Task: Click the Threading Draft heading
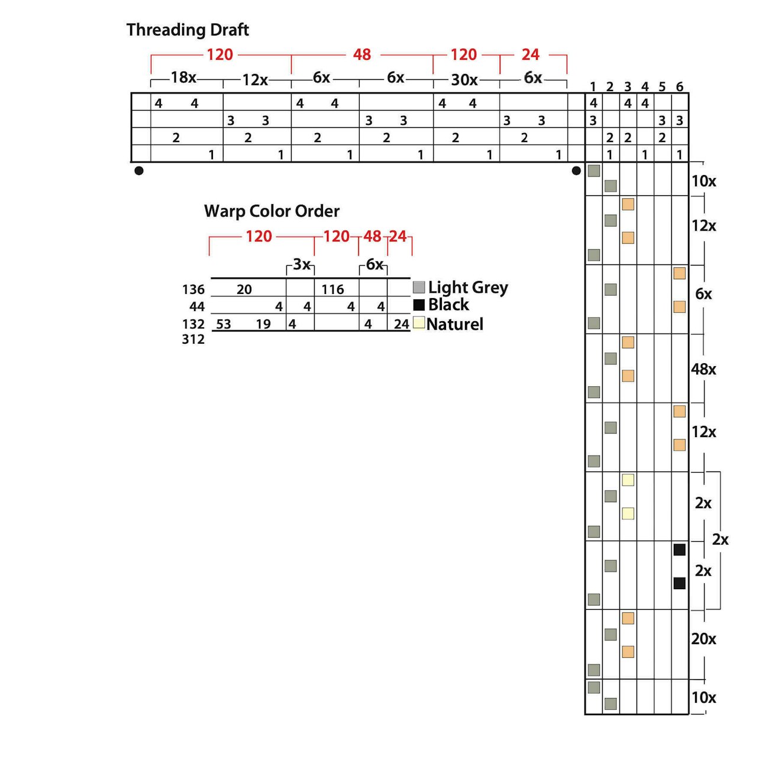pos(188,30)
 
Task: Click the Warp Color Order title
pos(272,211)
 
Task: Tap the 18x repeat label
pos(183,77)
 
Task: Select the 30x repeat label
pos(464,80)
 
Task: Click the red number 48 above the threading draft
pos(361,54)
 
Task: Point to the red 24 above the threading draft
pos(530,54)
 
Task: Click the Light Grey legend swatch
pos(419,287)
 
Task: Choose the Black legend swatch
pos(419,305)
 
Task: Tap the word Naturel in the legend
pos(455,324)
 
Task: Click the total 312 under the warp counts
pos(193,339)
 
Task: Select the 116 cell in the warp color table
pos(333,289)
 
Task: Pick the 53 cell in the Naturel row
pos(224,324)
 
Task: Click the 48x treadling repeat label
pos(703,369)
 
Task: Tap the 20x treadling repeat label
pos(703,639)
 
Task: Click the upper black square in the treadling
pos(680,550)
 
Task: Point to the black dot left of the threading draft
pos(139,171)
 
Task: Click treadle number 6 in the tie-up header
pos(680,87)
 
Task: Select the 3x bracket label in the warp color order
pos(302,264)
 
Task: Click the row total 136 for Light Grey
pos(193,289)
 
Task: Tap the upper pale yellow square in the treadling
pos(628,480)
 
